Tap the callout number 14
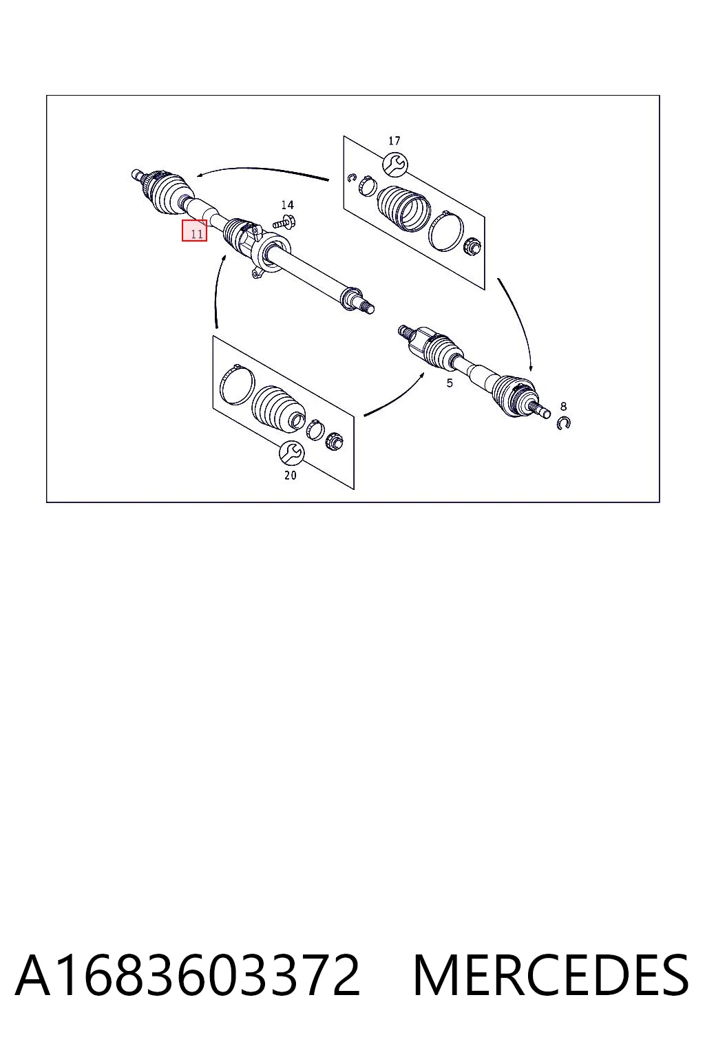[x=288, y=205]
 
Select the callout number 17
[x=394, y=140]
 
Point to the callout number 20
[x=291, y=476]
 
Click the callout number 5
[x=450, y=383]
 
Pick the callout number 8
[x=563, y=406]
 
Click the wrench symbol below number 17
[x=395, y=164]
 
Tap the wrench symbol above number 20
[x=291, y=453]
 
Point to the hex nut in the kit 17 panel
[x=470, y=246]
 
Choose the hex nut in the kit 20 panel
[x=335, y=440]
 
